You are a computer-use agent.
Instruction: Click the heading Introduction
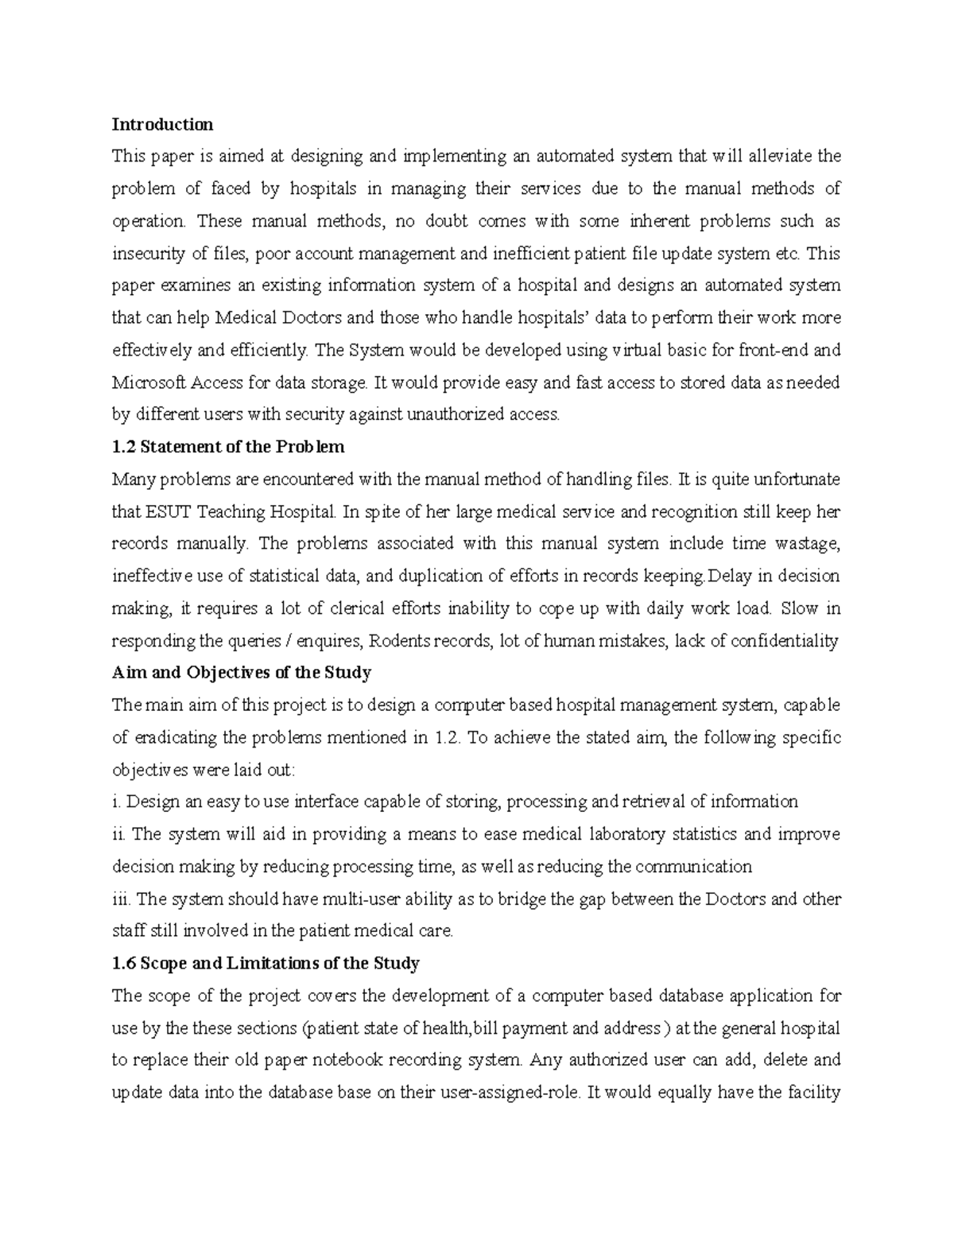coord(162,124)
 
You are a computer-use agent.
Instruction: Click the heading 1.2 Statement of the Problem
coord(228,446)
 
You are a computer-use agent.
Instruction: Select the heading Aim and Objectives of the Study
coord(242,672)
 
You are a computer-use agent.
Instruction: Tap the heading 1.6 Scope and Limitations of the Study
coord(266,963)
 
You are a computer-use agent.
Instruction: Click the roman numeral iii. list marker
coord(121,899)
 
